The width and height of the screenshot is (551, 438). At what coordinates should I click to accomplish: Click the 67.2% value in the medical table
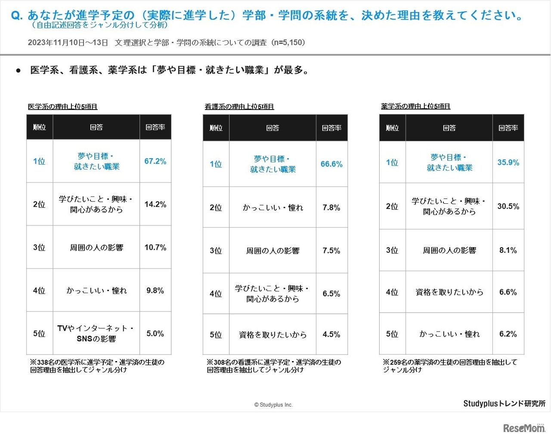click(155, 161)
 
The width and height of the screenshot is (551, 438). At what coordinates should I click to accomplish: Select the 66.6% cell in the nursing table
click(331, 164)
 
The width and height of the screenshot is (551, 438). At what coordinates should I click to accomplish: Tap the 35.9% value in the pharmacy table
click(508, 162)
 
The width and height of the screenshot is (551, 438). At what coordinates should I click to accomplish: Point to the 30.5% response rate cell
click(508, 206)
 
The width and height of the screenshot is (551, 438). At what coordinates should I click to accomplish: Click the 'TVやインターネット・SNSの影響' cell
click(96, 334)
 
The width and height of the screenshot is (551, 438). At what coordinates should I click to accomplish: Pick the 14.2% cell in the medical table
click(155, 205)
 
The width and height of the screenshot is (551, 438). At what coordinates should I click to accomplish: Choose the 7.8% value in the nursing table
click(331, 208)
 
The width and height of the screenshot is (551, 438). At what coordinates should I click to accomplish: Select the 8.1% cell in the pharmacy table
click(508, 250)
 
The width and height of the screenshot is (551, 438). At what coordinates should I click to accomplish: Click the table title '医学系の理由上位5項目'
click(63, 107)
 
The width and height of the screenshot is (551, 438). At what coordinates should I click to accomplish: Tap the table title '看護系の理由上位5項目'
click(239, 107)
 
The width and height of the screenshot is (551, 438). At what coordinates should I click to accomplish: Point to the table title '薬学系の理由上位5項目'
click(416, 106)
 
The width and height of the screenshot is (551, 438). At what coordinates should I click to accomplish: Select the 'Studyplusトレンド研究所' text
click(504, 403)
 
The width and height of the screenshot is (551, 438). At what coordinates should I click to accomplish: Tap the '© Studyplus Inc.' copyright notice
click(273, 405)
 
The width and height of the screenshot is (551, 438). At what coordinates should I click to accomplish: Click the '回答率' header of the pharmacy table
click(508, 128)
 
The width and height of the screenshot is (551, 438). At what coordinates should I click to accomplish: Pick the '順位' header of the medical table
click(40, 127)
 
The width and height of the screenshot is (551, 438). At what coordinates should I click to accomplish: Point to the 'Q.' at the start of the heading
click(16, 16)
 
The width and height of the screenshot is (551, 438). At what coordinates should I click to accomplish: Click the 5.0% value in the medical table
click(155, 334)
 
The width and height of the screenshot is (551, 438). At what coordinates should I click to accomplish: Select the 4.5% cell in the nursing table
click(331, 334)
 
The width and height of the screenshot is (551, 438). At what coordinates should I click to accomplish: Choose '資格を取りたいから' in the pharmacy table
click(449, 292)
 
